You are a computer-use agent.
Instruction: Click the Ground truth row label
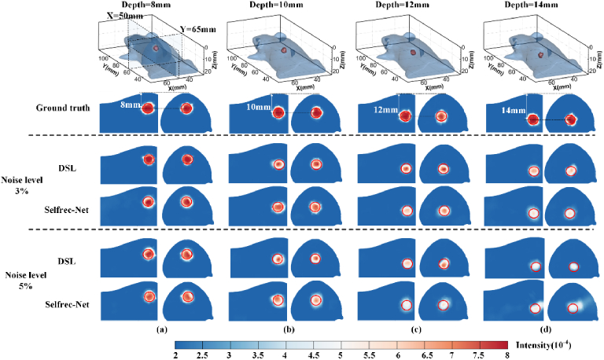click(60, 112)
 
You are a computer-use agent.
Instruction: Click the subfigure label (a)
click(163, 329)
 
